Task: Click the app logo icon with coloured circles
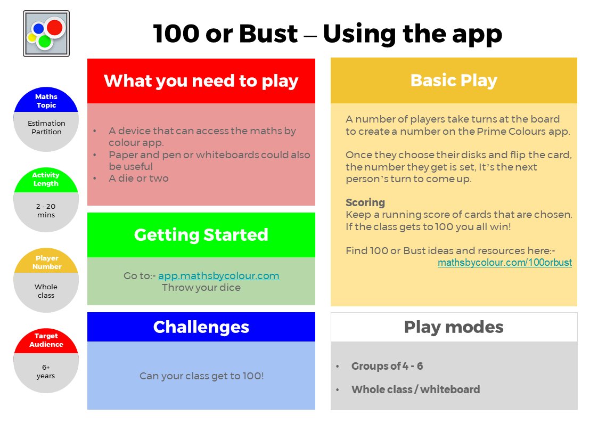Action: point(46,34)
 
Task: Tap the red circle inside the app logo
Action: point(54,27)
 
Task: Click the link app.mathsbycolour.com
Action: point(219,276)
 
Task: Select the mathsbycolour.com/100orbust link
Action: point(504,263)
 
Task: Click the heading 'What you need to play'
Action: point(201,81)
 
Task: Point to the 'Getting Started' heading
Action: point(201,235)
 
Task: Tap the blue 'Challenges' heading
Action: point(201,327)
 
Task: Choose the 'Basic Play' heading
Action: point(454,80)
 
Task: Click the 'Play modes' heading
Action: point(454,327)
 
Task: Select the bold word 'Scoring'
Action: point(365,202)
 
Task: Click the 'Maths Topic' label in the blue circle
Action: point(46,101)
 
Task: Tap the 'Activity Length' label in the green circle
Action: point(46,179)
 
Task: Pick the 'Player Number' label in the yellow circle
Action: point(46,262)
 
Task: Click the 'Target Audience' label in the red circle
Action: point(46,340)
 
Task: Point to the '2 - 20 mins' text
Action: point(46,210)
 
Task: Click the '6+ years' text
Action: point(46,371)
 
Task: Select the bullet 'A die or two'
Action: point(138,178)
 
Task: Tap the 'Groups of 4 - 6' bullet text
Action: point(387,366)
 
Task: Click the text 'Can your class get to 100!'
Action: point(202,376)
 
